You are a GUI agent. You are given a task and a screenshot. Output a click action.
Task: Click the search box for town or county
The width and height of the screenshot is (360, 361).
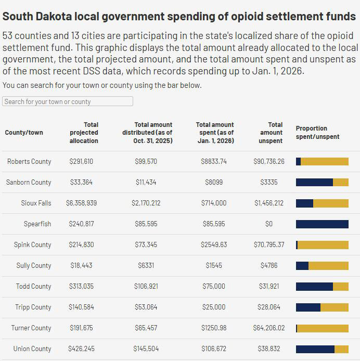point(68,101)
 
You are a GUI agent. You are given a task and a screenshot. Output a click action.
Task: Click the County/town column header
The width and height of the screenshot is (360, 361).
point(24,133)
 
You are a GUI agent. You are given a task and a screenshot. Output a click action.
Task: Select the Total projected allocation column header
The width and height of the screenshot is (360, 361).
point(84,133)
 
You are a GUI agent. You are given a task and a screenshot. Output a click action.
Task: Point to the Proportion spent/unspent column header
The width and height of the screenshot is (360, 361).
point(317,133)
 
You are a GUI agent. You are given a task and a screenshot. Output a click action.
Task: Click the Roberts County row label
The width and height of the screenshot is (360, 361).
point(29,162)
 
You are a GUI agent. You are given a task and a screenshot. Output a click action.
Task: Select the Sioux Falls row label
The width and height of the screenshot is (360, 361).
point(36,203)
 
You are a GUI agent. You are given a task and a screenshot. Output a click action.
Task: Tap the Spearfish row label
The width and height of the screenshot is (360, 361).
point(37,224)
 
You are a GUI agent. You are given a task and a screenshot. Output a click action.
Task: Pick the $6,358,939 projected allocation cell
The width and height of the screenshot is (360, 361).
point(81,203)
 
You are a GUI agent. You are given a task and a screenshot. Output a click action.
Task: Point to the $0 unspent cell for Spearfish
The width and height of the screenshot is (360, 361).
point(268,224)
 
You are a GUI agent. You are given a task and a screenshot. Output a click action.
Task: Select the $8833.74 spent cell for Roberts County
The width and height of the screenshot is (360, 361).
point(214,162)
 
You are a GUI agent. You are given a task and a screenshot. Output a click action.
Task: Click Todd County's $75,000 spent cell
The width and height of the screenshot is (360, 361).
point(214,287)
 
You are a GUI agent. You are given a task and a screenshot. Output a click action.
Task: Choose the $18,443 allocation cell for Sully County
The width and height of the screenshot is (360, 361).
point(81,266)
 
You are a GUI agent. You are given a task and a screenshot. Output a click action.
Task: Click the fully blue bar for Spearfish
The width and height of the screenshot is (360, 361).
point(322,224)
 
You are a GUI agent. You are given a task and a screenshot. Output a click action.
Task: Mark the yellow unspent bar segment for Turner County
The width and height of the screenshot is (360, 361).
point(323,328)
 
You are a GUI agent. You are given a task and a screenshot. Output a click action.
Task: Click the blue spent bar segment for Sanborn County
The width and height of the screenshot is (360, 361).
point(314,183)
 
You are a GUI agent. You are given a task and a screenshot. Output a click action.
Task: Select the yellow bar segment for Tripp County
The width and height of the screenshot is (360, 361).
point(335,307)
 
